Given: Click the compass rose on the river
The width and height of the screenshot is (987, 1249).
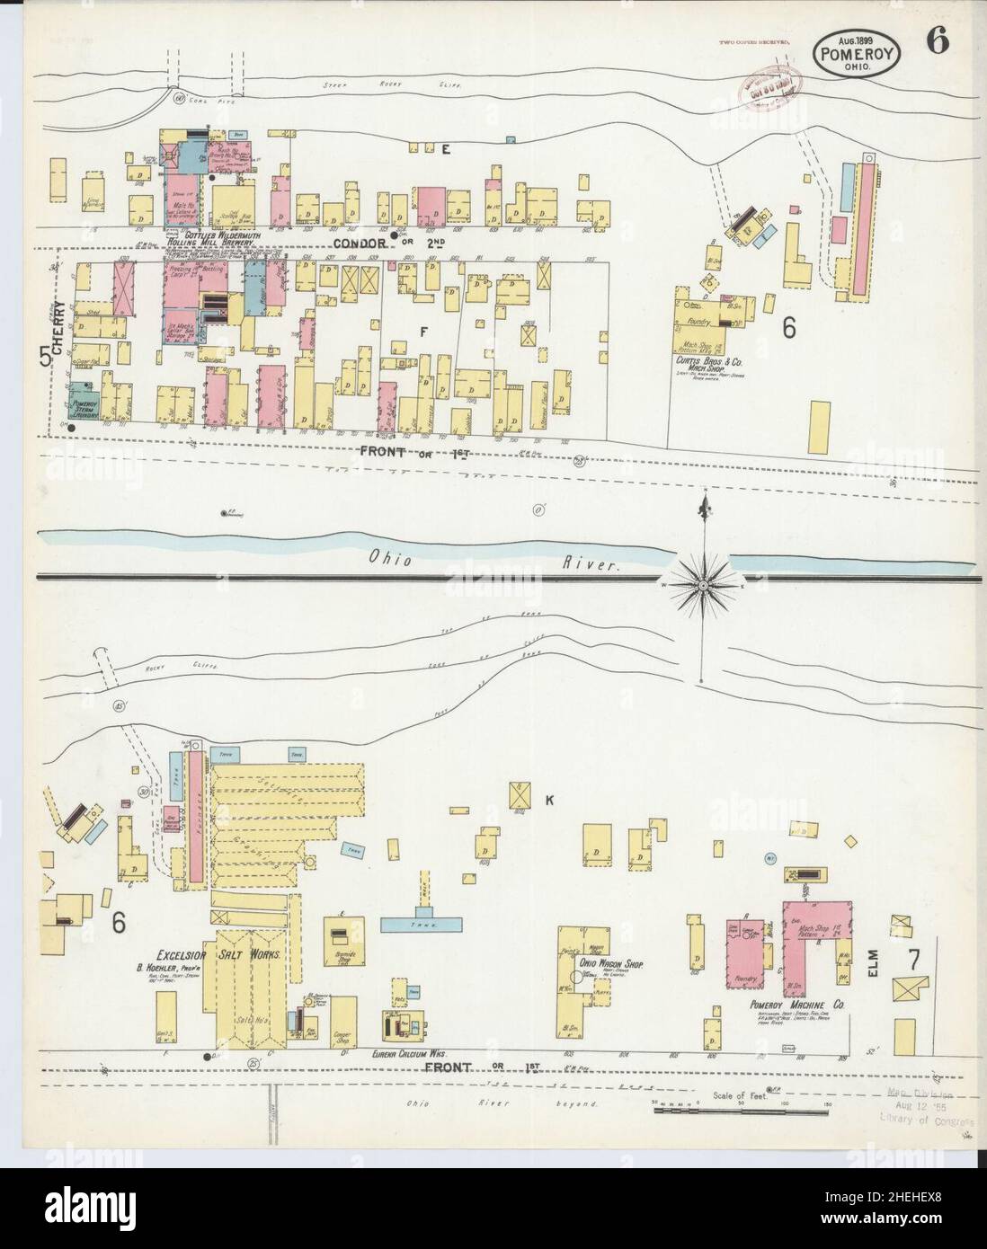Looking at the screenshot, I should [x=703, y=585].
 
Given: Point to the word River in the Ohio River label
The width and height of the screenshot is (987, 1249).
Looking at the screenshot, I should [x=594, y=565].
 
